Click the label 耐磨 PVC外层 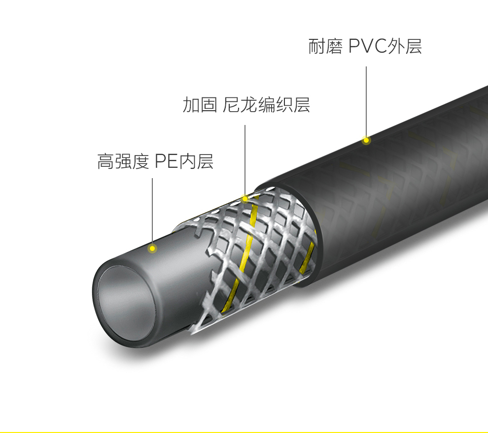pyautogui.click(x=365, y=47)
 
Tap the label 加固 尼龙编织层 pyautogui.click(x=246, y=105)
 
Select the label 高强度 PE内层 pyautogui.click(x=155, y=161)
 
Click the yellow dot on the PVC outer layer pyautogui.click(x=366, y=141)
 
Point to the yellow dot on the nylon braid pyautogui.click(x=245, y=199)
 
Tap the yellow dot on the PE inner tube pyautogui.click(x=152, y=248)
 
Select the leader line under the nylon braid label pyautogui.click(x=245, y=157)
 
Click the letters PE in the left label pyautogui.click(x=166, y=161)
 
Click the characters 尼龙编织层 pyautogui.click(x=266, y=105)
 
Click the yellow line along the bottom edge pyautogui.click(x=244, y=432)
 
